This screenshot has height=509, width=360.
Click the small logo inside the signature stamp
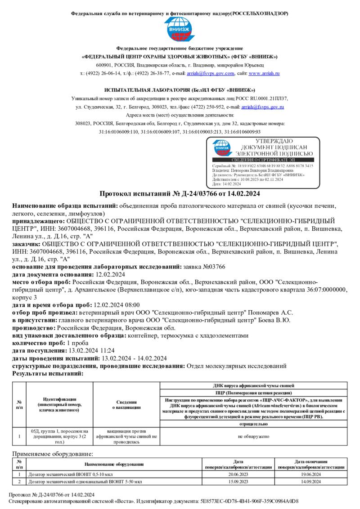pos(222,147)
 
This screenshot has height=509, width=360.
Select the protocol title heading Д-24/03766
pos(179,194)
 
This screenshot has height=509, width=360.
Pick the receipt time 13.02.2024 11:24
pos(91,350)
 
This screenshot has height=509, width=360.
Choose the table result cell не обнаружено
pos(254,436)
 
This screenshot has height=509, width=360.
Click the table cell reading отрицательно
pos(254,424)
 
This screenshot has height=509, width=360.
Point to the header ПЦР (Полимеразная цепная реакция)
pos(254,393)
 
